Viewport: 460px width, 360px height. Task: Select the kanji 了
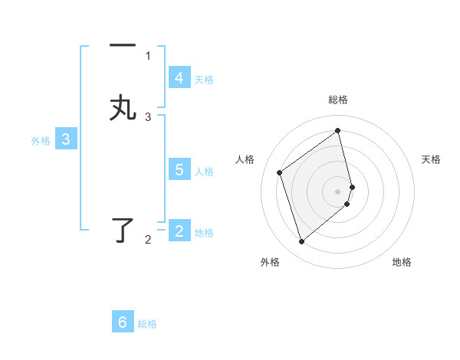(123, 230)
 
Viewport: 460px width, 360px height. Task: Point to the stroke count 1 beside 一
(148, 55)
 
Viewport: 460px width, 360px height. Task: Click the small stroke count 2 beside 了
(148, 240)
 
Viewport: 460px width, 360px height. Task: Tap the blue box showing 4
(179, 78)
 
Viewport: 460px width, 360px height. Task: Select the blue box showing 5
(179, 170)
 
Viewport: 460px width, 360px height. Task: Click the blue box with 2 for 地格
(179, 231)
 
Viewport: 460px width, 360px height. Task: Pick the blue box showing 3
(66, 139)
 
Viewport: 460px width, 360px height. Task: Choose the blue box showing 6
(123, 322)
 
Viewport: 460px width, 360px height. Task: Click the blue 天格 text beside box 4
(204, 79)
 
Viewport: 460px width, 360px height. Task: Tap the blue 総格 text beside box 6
(147, 324)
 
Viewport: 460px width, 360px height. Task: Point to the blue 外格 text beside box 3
(41, 141)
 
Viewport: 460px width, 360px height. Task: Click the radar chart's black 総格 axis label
(338, 100)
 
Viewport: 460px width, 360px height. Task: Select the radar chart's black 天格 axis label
(431, 159)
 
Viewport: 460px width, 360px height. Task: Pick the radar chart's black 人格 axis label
(245, 159)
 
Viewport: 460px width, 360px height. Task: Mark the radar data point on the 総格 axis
(338, 129)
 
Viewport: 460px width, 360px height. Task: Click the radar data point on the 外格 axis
(301, 242)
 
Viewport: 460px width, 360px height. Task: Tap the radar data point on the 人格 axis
(280, 172)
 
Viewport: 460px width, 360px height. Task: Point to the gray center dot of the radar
(338, 191)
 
